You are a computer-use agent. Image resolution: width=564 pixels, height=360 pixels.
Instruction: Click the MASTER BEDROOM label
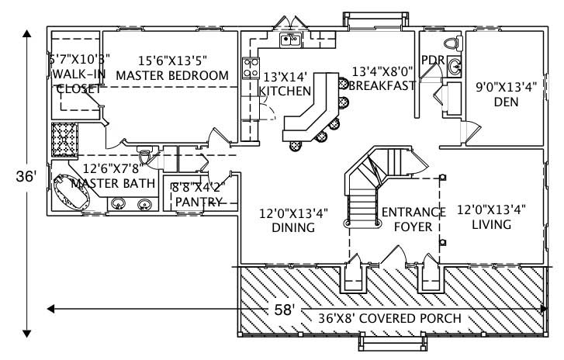pos(172,76)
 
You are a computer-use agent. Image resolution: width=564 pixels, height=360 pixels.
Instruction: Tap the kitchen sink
pos(291,40)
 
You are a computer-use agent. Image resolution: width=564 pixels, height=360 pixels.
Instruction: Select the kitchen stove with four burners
pos(251,67)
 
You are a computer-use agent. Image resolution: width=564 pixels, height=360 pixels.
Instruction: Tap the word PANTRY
pos(199,202)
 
